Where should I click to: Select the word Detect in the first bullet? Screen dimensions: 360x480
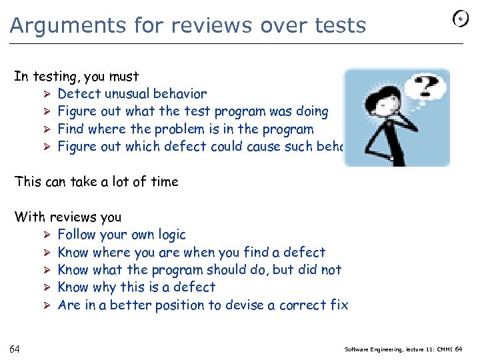click(78, 94)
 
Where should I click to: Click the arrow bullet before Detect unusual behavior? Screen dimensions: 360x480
click(47, 94)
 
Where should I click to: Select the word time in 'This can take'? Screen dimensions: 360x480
click(164, 181)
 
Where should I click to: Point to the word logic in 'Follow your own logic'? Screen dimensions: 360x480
click(169, 235)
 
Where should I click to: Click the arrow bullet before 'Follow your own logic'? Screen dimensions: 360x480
click(47, 235)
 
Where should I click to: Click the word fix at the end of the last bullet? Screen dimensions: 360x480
click(339, 305)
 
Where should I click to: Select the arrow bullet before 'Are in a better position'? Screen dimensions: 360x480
click(47, 305)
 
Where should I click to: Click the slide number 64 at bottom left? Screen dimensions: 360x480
click(15, 349)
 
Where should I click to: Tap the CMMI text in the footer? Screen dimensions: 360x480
click(441, 349)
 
